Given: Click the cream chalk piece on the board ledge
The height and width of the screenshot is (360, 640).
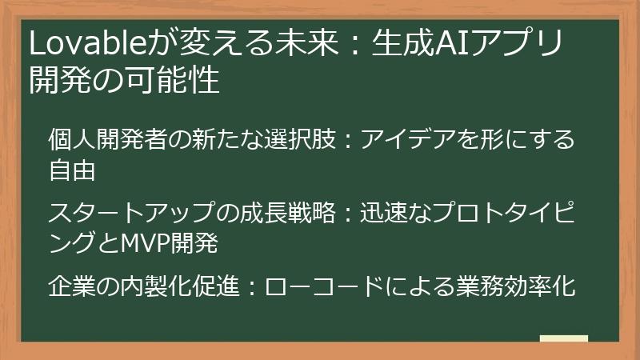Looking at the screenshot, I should point(565,338).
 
